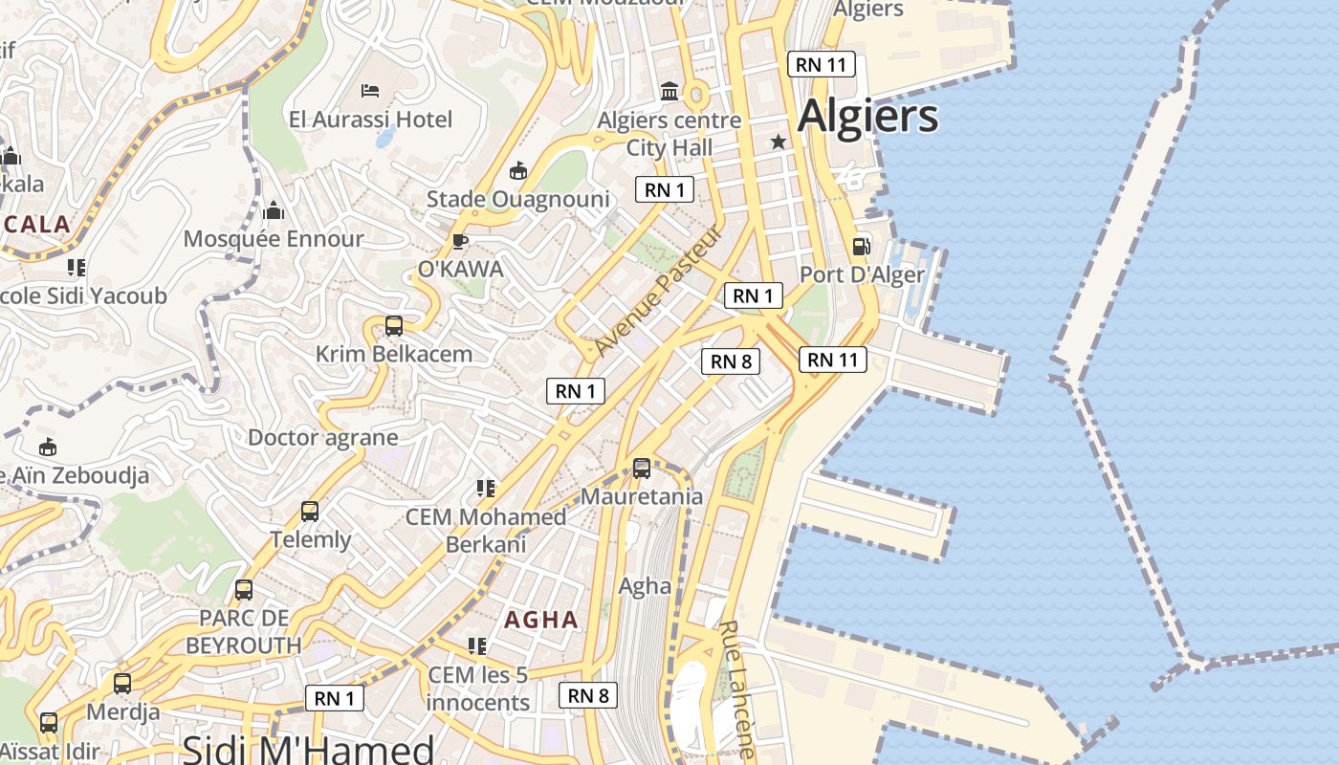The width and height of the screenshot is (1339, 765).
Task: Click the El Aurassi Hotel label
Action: point(370,120)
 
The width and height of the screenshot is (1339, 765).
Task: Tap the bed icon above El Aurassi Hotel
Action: point(370,91)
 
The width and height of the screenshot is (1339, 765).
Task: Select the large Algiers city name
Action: point(867,117)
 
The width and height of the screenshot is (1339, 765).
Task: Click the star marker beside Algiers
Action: point(779,142)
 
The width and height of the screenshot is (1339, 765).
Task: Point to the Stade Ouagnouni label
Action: point(517,199)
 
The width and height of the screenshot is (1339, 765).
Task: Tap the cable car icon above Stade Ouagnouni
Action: point(518,171)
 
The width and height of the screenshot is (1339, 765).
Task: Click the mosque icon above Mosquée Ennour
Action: point(274,210)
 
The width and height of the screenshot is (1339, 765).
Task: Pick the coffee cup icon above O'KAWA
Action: point(459,241)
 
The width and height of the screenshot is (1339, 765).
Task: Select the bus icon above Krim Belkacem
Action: point(393,325)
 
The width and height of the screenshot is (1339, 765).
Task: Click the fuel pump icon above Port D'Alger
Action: point(861,247)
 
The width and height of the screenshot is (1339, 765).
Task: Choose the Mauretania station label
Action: point(642,496)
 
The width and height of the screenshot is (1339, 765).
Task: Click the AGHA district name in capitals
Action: point(541,620)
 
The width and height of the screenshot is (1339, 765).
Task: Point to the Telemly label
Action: point(311,539)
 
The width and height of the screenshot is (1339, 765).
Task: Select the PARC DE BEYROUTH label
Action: point(243,632)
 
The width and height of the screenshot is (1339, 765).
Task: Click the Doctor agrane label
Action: point(322,438)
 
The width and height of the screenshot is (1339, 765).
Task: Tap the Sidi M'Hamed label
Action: point(308,749)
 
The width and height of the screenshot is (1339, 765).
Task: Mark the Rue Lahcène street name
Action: point(736,688)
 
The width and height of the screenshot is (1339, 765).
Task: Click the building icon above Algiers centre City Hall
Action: point(669,92)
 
